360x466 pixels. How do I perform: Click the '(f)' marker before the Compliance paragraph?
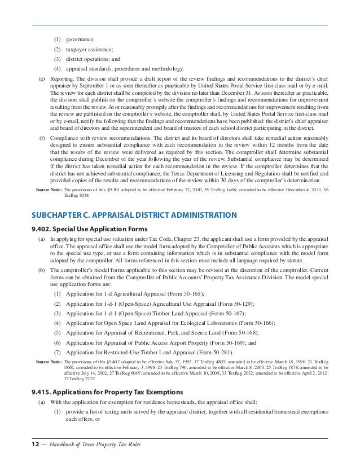pyautogui.click(x=41, y=138)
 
